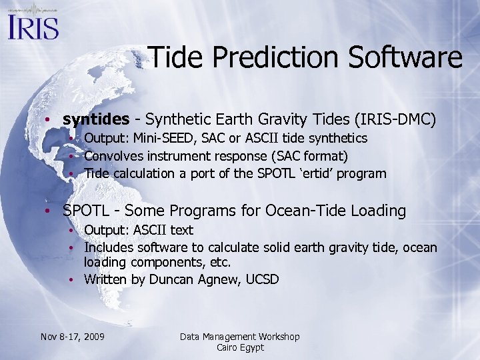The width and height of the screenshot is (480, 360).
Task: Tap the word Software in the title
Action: point(406,58)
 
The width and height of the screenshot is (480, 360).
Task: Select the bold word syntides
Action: point(96,119)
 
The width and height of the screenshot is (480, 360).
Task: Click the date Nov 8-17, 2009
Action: point(72,337)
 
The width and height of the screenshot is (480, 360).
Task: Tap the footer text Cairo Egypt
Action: point(240,347)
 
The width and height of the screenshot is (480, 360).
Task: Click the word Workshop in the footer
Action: point(278,337)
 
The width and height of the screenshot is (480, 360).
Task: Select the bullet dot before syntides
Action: point(49,120)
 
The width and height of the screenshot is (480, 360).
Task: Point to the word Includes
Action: point(109,248)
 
